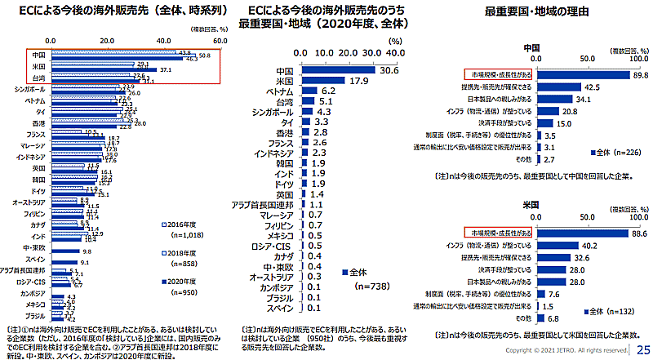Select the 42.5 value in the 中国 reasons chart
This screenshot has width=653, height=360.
point(592,87)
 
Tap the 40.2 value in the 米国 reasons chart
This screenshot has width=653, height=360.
point(588,244)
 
